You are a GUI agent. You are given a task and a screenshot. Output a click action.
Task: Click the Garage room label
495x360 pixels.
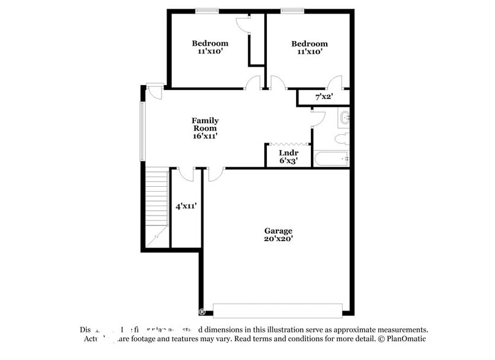(x=278, y=231)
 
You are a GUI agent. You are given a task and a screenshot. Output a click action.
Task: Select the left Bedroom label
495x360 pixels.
(x=210, y=43)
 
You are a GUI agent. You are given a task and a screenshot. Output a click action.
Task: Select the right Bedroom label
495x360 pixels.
(x=309, y=43)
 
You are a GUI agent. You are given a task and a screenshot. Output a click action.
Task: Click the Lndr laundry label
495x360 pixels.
(x=288, y=152)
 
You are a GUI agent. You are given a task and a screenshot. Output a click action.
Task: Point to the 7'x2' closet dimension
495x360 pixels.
(x=324, y=97)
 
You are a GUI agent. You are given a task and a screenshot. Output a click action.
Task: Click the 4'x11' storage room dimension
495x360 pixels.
(x=185, y=206)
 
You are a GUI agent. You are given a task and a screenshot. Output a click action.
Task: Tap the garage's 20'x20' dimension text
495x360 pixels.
(x=278, y=239)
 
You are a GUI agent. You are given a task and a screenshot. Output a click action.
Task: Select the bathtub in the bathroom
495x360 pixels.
(x=331, y=159)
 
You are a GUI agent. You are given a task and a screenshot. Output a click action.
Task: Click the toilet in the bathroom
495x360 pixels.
(x=343, y=138)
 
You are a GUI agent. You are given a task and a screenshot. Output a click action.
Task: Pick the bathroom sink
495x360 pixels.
(x=344, y=116)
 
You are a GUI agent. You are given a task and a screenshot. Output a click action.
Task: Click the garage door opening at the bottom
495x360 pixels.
(x=277, y=310)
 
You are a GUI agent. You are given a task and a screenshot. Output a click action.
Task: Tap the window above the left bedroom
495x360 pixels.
(x=207, y=10)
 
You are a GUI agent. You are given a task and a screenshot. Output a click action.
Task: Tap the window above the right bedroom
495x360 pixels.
(x=292, y=10)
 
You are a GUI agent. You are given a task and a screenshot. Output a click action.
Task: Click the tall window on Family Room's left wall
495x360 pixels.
(x=143, y=129)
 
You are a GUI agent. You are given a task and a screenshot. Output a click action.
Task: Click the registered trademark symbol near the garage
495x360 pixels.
(x=202, y=312)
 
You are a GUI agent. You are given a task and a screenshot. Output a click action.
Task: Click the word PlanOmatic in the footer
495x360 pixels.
(x=404, y=339)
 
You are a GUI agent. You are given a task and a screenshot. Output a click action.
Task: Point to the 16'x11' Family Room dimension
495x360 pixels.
(x=205, y=137)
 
